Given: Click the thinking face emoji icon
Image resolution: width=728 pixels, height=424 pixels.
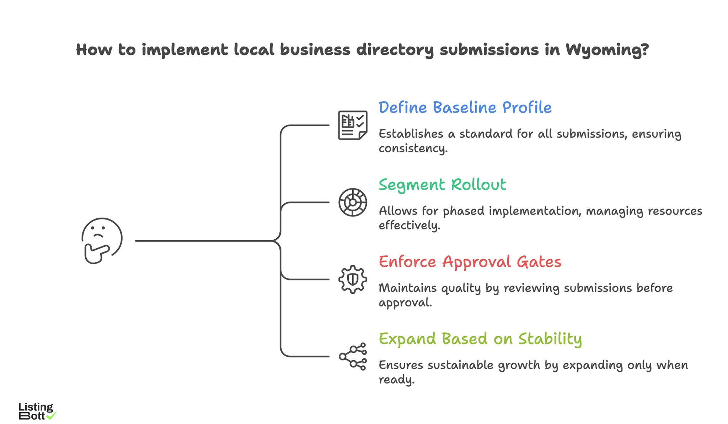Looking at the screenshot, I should click(102, 240).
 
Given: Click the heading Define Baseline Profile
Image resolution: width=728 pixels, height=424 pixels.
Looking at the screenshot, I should click(465, 108).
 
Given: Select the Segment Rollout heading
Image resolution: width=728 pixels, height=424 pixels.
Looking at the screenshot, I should click(442, 185).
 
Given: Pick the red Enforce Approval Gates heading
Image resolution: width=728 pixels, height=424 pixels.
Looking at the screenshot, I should click(470, 262).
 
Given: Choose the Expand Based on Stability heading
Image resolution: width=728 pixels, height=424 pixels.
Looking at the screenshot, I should click(480, 339).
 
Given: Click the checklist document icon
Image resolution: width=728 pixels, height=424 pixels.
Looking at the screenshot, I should click(352, 125).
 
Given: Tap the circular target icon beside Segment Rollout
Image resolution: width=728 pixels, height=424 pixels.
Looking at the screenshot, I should click(352, 202).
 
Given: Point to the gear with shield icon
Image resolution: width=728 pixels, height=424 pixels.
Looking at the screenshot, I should click(352, 279).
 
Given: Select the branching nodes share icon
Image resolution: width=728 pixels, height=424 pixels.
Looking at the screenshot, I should click(352, 357).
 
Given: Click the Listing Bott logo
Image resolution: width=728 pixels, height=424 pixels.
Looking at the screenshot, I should click(36, 411).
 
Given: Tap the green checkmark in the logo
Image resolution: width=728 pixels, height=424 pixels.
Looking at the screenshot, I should click(52, 415).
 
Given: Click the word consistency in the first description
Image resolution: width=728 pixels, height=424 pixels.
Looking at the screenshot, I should click(412, 148).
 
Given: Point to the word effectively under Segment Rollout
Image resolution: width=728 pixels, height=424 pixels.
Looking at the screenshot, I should click(409, 225).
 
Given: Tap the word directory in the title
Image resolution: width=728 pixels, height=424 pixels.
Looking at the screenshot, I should click(395, 50).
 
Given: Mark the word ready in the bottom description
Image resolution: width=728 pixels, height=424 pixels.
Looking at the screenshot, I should click(396, 380).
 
